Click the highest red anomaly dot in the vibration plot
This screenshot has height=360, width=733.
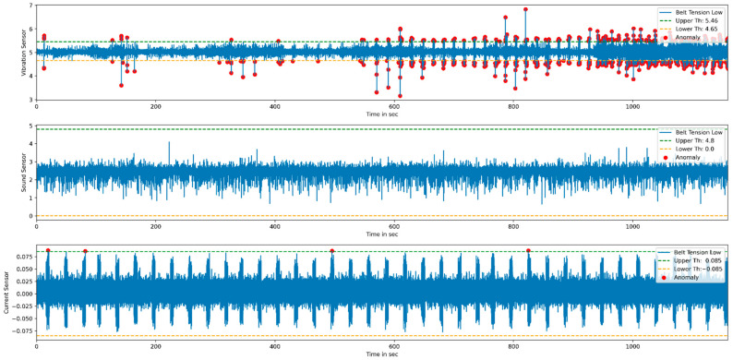pyautogui.click(x=525, y=9)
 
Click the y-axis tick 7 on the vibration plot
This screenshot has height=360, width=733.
pyautogui.click(x=28, y=6)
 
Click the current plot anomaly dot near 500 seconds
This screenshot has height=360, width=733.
pyautogui.click(x=332, y=251)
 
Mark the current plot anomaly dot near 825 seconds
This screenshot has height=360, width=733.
pyautogui.click(x=528, y=250)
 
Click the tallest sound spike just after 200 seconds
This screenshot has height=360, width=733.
pyautogui.click(x=169, y=142)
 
